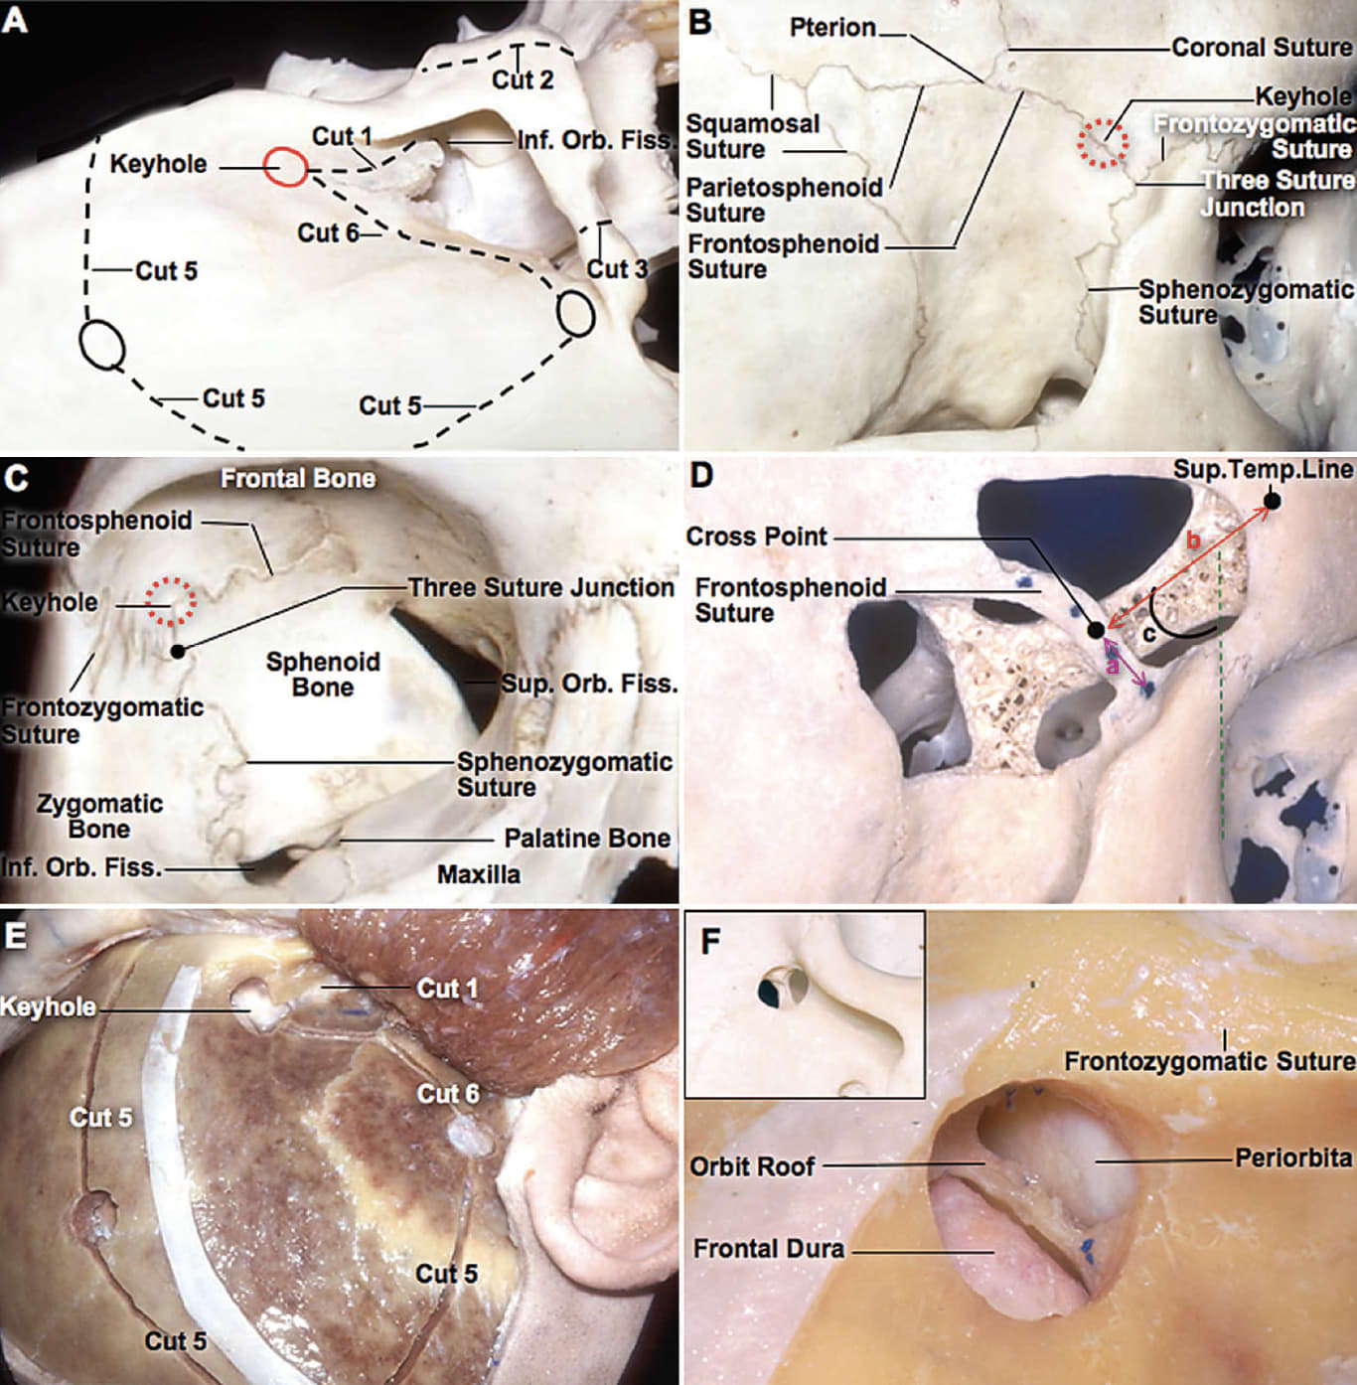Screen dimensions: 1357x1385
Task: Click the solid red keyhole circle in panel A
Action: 286,166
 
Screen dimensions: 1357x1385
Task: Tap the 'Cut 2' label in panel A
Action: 523,78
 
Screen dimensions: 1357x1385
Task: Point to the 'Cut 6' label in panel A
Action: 328,232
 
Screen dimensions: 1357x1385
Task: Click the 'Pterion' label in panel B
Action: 831,28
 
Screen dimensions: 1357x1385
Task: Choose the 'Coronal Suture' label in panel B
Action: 1261,48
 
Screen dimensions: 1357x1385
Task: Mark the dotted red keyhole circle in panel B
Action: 1104,143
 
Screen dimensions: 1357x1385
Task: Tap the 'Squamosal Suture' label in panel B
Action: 752,137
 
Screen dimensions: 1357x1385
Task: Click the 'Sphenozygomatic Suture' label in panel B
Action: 1245,302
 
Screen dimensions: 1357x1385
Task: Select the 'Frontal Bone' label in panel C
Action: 298,479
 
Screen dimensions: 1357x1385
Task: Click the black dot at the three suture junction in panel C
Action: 177,651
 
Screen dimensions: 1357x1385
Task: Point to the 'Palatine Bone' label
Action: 587,839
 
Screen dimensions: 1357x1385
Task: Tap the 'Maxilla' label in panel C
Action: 479,874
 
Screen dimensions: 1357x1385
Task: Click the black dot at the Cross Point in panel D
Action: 1096,630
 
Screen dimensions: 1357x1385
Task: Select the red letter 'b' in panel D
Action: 1194,540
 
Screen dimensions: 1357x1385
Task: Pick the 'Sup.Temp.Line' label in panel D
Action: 1263,469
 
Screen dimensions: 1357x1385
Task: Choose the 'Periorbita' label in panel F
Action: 1292,1158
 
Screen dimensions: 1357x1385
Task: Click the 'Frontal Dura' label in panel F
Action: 769,1249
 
